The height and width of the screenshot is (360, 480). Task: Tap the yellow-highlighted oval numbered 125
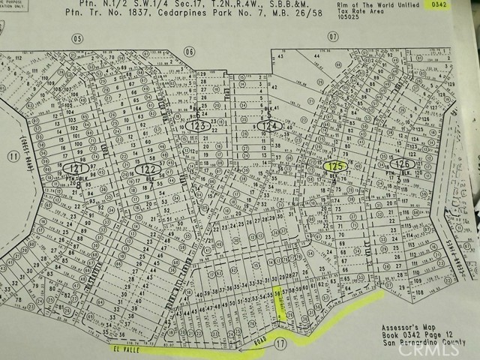coord(335,165)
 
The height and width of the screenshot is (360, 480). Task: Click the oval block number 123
coord(198,126)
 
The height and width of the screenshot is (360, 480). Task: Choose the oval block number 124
coord(271,126)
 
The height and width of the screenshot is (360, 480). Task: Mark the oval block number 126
coord(403,163)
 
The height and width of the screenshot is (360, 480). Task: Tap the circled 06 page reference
coord(189,51)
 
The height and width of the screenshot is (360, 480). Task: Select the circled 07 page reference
coord(334,36)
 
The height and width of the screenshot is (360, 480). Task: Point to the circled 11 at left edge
coord(12,157)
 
